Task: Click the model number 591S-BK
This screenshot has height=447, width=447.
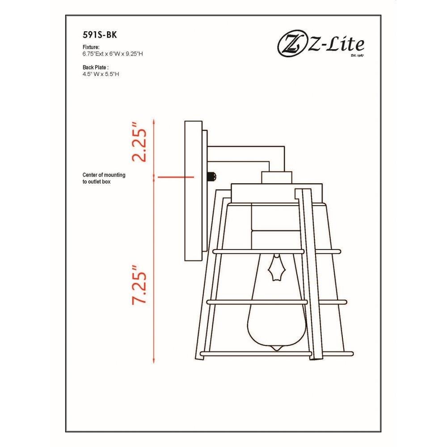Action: tap(100, 35)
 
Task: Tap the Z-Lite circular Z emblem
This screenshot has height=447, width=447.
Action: tap(291, 45)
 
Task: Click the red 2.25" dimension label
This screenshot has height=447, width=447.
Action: tap(139, 143)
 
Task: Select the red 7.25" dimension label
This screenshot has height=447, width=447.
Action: tap(139, 285)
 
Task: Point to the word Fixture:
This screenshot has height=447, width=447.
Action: tap(91, 47)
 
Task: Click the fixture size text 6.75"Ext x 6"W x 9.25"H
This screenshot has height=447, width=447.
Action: tap(113, 54)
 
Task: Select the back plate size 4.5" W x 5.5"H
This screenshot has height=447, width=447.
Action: tap(101, 74)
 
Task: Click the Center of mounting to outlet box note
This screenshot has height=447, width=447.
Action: tap(104, 178)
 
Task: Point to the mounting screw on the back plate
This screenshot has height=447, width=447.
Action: tap(212, 177)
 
